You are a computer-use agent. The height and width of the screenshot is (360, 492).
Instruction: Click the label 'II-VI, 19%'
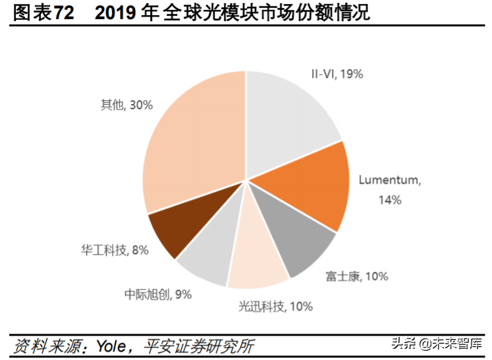click(337, 74)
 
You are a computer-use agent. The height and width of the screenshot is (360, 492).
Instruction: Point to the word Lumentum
click(389, 180)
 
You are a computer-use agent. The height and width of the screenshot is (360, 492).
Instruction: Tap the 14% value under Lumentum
click(389, 199)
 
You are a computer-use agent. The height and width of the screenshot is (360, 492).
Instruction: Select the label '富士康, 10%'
click(356, 276)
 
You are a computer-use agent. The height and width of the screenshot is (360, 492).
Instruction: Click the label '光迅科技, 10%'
click(275, 306)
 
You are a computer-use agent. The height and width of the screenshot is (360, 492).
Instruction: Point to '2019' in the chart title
click(116, 13)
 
